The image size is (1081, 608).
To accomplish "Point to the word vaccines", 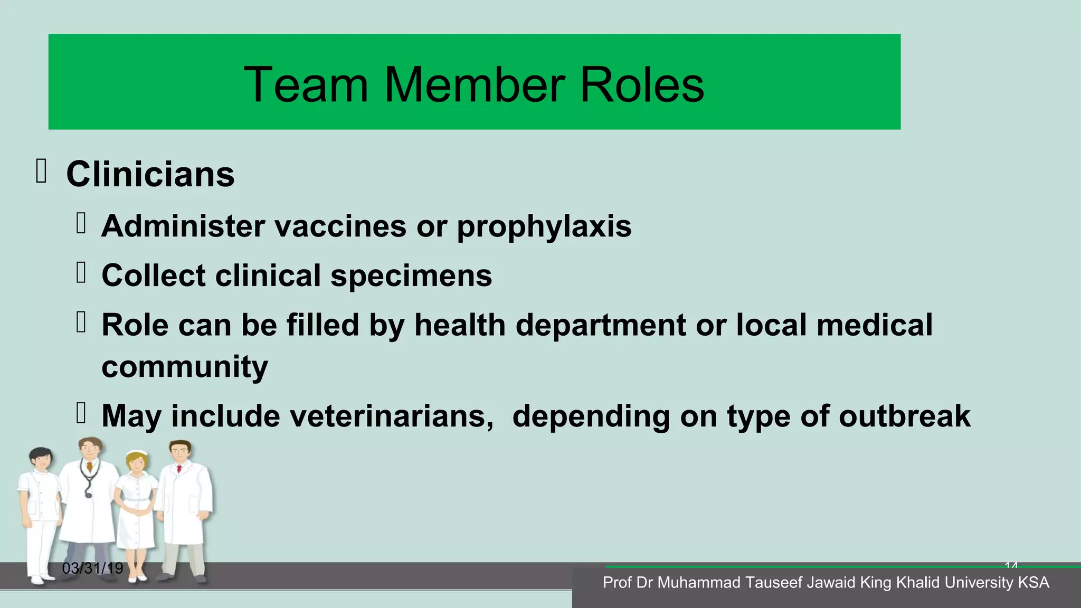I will point(340,226).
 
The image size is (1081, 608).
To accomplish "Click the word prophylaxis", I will point(544,227).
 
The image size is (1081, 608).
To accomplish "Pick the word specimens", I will point(411,276).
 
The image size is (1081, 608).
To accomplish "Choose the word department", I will point(601,325).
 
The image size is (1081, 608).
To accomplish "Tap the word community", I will point(185,367).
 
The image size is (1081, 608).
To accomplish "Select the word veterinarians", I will point(332,416).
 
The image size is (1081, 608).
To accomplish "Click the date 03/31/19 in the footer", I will point(92,568).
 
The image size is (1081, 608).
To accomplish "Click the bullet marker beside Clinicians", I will point(41,172).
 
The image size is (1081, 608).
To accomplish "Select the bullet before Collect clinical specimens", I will point(81,273).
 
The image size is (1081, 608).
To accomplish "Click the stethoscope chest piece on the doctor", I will point(88,495).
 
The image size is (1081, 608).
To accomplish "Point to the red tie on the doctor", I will point(179,469).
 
